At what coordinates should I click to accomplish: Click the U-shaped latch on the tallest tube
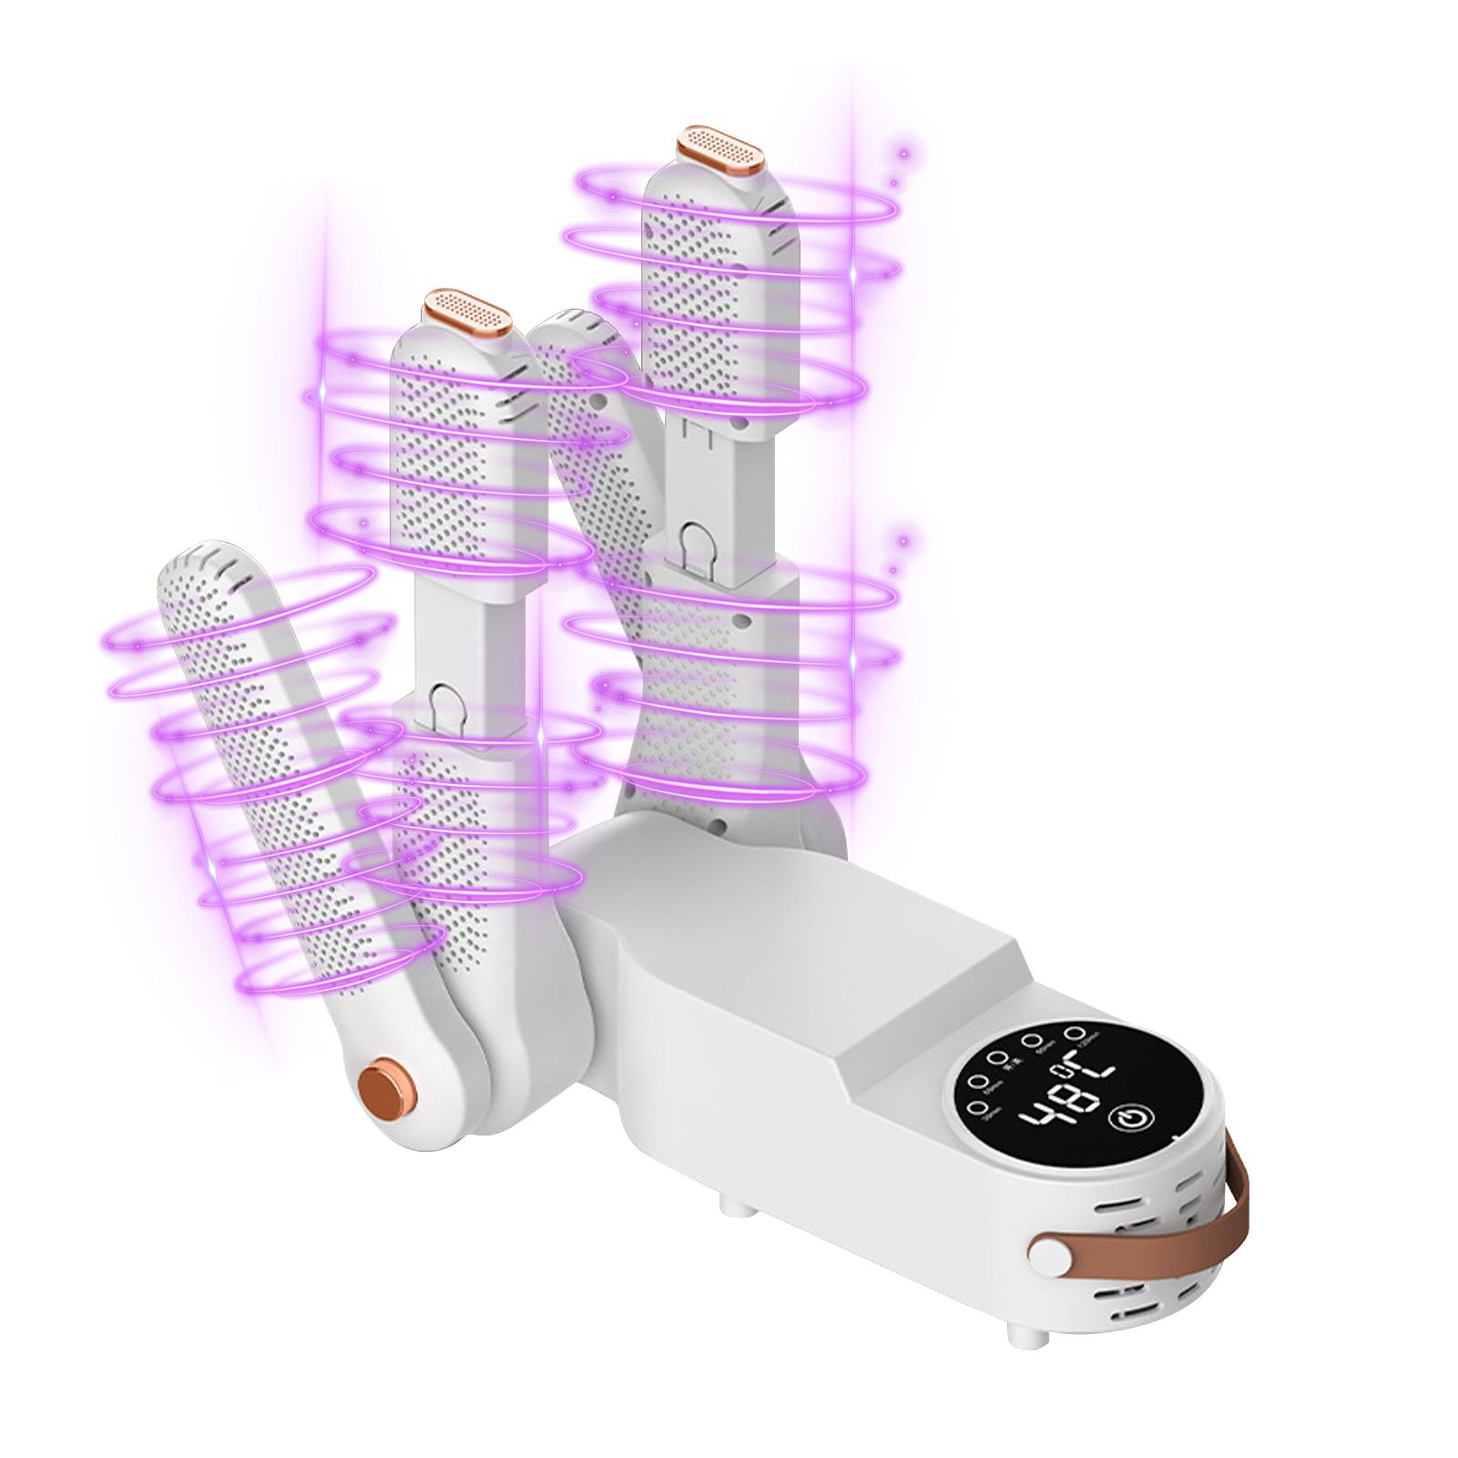704,543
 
